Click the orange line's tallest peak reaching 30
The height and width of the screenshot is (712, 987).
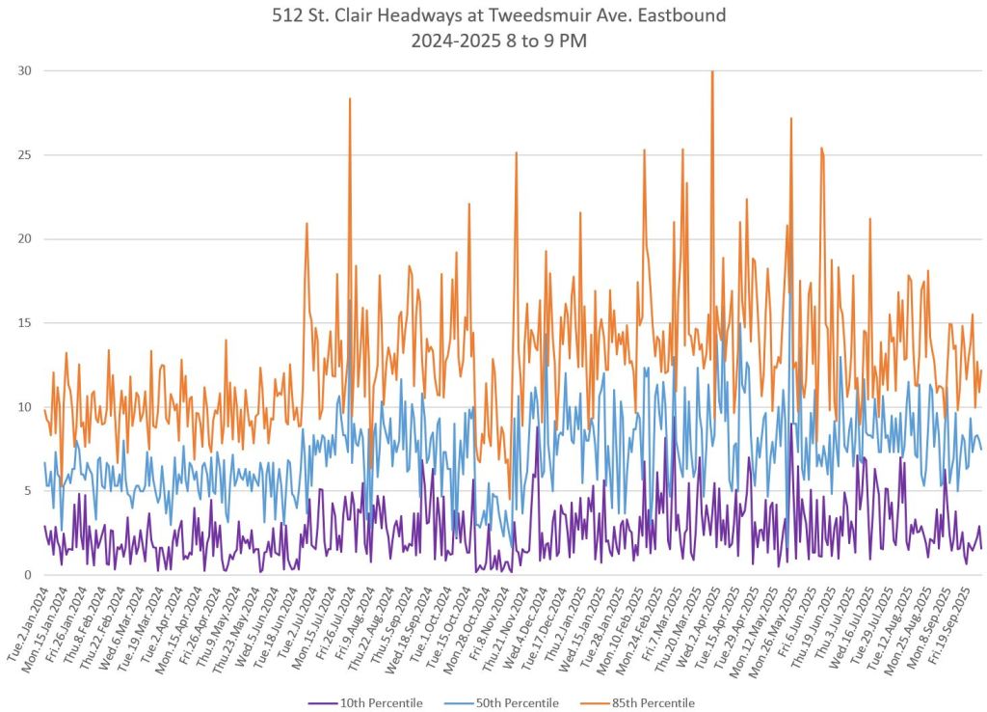coord(712,72)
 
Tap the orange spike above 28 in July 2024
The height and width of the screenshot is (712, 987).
coord(350,99)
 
